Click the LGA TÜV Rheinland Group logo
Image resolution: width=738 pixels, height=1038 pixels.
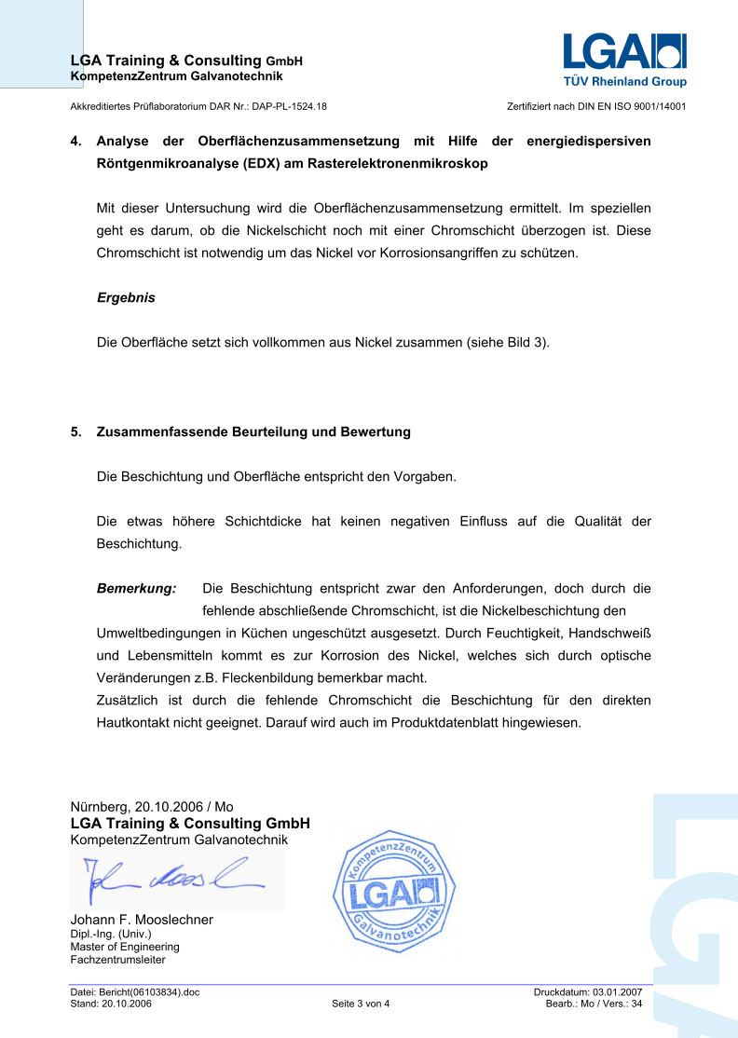(x=623, y=61)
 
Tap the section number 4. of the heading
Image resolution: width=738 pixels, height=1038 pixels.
(x=75, y=142)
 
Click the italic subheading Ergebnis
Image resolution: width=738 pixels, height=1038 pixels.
(x=126, y=298)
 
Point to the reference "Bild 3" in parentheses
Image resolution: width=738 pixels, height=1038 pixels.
(x=526, y=342)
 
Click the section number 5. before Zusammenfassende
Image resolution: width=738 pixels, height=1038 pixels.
(x=75, y=432)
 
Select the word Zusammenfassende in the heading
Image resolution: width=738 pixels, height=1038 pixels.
(x=155, y=432)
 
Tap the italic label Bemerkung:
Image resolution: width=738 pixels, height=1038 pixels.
(x=136, y=589)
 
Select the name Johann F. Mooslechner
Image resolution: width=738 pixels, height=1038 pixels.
(x=142, y=920)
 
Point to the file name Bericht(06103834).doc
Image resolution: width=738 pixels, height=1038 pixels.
(x=149, y=992)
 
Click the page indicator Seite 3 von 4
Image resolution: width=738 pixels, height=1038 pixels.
(x=361, y=1004)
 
